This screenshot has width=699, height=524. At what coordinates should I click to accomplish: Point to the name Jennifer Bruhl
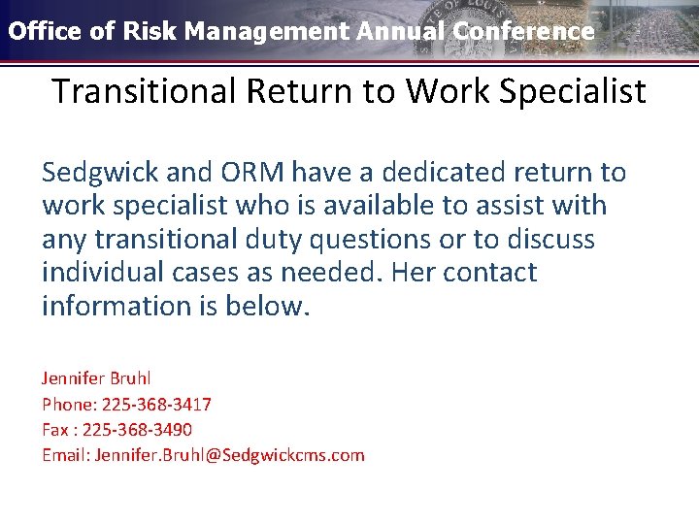point(96,377)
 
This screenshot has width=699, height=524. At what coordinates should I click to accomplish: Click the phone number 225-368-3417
point(156,404)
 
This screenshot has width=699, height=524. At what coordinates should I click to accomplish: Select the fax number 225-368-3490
point(137,429)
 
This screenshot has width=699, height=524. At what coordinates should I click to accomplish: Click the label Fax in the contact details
point(55,429)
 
